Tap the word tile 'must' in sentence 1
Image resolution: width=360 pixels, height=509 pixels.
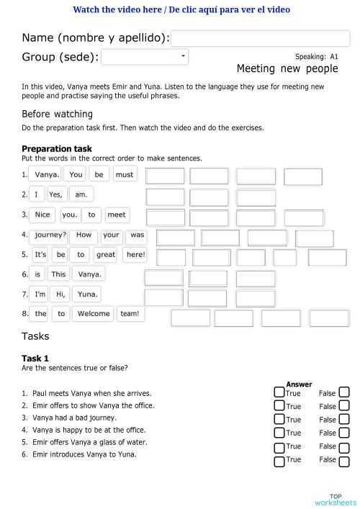[125, 174]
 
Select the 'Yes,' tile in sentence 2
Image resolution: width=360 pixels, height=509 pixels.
[56, 194]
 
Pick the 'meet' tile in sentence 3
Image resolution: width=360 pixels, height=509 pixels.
[116, 215]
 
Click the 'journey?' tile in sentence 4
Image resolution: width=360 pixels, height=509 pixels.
[50, 235]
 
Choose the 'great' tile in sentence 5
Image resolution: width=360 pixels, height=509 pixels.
[106, 255]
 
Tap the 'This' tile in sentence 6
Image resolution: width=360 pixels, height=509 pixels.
[58, 274]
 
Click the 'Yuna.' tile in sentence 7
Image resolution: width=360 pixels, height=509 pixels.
[87, 294]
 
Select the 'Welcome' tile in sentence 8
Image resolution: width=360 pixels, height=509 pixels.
[94, 314]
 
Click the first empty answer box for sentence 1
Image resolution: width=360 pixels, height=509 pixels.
[165, 176]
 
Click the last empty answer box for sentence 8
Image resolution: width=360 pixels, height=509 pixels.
[329, 318]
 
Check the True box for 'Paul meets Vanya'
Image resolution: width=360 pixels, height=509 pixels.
[279, 392]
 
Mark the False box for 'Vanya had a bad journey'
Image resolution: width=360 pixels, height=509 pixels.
[344, 419]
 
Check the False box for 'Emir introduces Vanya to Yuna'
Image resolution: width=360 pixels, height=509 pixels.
[344, 461]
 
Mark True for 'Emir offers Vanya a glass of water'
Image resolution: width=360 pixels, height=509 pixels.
[279, 447]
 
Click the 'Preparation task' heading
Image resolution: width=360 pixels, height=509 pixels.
[57, 149]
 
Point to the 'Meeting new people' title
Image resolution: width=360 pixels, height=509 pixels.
[287, 68]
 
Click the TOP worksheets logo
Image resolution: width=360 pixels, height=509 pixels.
[335, 499]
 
